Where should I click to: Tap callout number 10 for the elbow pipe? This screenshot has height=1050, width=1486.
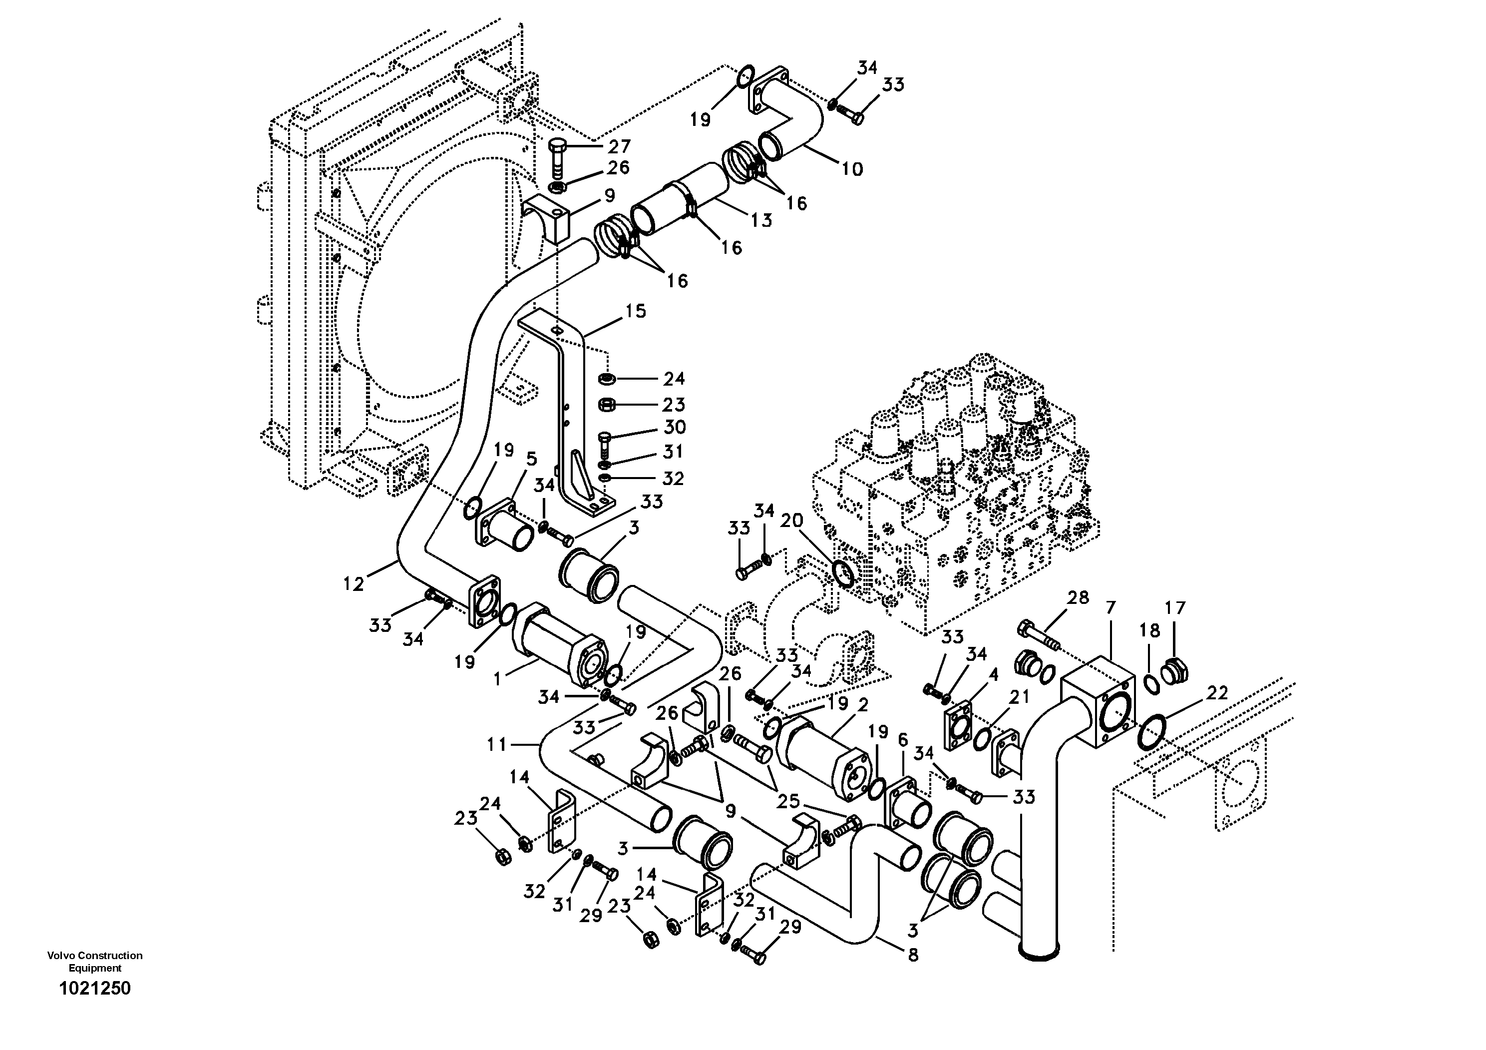[852, 169]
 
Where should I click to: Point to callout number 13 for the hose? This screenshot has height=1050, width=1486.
[762, 220]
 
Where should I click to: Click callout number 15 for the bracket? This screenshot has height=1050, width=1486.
[635, 311]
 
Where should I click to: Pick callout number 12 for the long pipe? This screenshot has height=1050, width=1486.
[354, 584]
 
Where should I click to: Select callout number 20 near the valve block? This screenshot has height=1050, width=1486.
[791, 521]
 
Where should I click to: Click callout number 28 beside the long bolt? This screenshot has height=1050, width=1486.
[1078, 597]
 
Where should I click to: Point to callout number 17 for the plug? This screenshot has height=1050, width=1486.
[1175, 608]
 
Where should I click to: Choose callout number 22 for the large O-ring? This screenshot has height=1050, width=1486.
[1217, 693]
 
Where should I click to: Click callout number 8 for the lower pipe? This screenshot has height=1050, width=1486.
[913, 955]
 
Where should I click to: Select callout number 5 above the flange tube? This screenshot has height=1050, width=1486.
[531, 459]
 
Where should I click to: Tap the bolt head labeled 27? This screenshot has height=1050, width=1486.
[557, 144]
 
